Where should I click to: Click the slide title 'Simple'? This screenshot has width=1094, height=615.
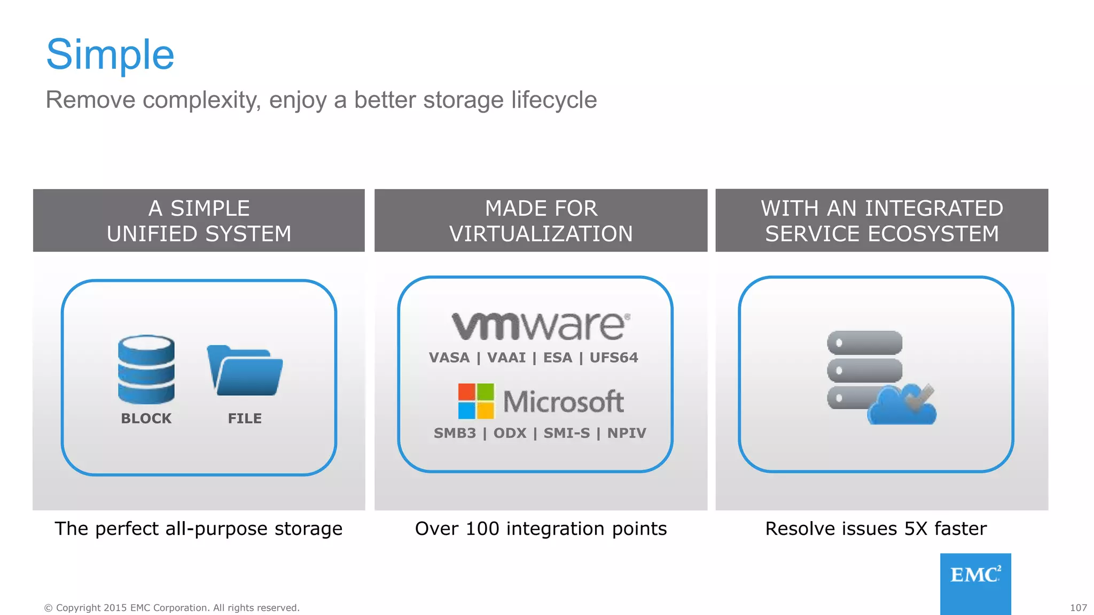[110, 54]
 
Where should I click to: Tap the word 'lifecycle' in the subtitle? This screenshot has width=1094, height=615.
[553, 100]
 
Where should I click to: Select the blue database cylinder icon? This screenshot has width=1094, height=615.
[146, 369]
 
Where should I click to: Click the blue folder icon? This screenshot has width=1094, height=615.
[245, 370]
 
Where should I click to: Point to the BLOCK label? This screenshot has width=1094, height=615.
[146, 419]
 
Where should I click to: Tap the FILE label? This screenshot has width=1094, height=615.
[245, 419]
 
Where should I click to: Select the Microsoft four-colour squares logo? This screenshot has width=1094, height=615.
[475, 401]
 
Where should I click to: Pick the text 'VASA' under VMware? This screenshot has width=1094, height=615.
[449, 358]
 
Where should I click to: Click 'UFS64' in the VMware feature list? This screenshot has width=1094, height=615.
[614, 358]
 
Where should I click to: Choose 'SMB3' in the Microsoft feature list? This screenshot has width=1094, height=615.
[455, 433]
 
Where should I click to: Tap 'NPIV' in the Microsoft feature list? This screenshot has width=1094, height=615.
[627, 433]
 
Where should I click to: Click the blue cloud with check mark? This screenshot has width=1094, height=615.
[902, 406]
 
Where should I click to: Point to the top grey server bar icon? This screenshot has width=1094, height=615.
[864, 343]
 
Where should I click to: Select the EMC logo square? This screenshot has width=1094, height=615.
[975, 584]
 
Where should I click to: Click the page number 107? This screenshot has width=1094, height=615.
[1078, 608]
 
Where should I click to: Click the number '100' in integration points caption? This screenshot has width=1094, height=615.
[482, 529]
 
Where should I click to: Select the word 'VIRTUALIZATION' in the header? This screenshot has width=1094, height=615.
[541, 234]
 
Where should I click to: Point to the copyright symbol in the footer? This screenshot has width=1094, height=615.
[49, 608]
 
